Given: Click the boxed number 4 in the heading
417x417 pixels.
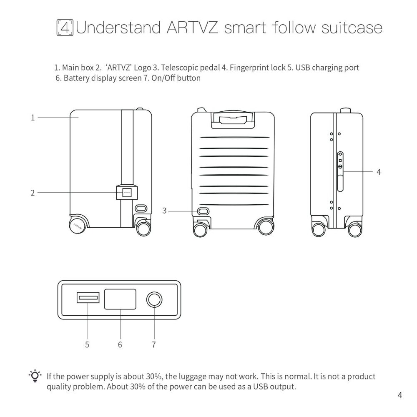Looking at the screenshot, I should tap(65, 28).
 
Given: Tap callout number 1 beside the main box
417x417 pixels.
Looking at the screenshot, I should tap(33, 118).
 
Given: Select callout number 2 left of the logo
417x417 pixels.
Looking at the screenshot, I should tap(33, 193).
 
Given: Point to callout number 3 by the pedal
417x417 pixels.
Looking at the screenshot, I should tap(164, 211).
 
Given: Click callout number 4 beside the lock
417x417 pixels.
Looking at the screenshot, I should tap(378, 171).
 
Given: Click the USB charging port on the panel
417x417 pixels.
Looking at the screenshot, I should tap(88, 298).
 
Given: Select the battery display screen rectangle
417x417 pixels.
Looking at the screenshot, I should tap(120, 299).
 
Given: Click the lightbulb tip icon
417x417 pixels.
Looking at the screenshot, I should tap(36, 376).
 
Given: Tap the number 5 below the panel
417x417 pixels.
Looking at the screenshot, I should tap(87, 344).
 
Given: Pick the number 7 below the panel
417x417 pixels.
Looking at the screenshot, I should tap(153, 344).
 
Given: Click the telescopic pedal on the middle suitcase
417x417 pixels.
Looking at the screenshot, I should tap(203, 211).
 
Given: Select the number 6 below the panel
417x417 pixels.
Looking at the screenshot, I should tap(120, 344).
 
